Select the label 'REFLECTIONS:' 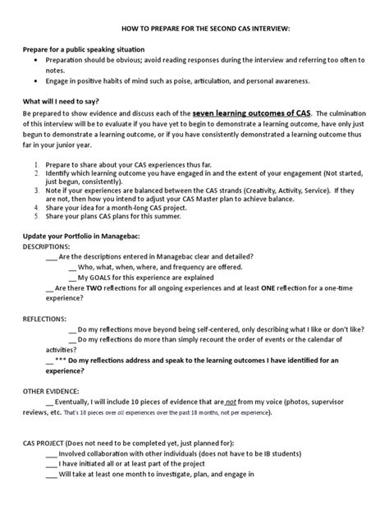(45, 316)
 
